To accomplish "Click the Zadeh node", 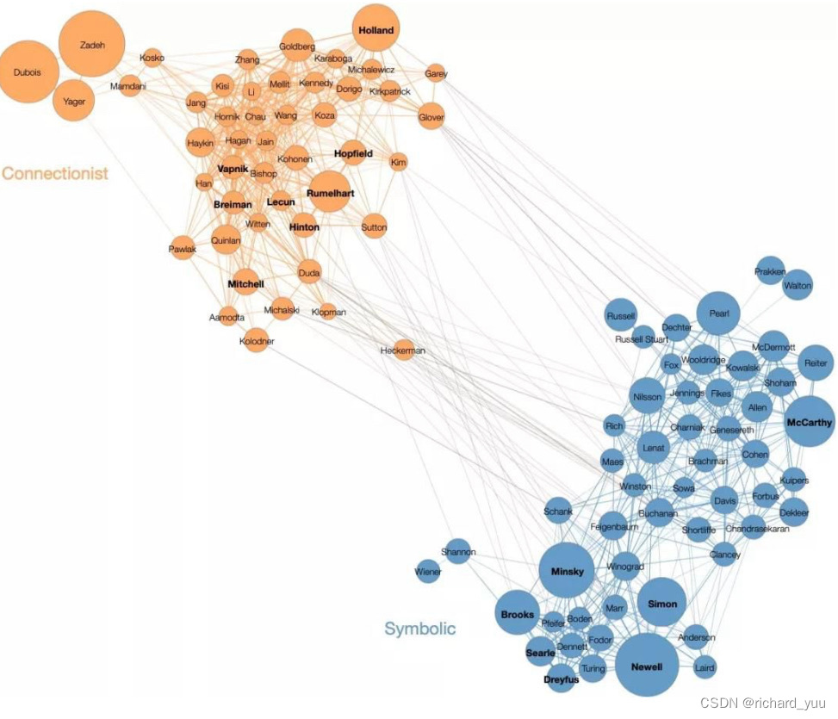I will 92,45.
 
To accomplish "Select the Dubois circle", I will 28,73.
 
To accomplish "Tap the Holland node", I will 376,31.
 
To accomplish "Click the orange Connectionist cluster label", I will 55,173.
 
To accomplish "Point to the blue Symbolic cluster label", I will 419,629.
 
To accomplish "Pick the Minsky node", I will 567,572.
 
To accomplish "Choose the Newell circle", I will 646,666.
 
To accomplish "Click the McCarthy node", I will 810,422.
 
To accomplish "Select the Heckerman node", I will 403,350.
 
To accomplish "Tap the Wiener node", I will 428,572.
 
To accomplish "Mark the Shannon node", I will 458,552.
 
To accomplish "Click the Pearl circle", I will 718,314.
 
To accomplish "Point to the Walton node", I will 798,285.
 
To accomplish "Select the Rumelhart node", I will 330,194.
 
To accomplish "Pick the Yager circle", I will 74,102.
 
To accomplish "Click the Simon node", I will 662,604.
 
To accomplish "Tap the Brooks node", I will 518,615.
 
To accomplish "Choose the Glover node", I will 431,117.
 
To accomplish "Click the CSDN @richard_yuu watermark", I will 763,704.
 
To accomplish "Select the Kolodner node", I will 257,341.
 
